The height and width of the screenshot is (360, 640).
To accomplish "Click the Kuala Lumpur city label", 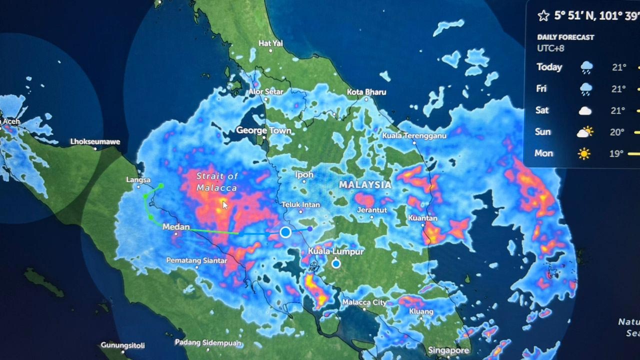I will pyautogui.click(x=335, y=251).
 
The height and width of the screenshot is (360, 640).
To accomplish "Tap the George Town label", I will pyautogui.click(x=263, y=130).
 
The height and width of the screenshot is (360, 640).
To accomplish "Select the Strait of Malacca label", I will pyautogui.click(x=217, y=181).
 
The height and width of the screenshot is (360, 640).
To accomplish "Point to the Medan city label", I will pyautogui.click(x=176, y=227).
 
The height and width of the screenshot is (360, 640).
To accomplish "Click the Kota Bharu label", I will pyautogui.click(x=366, y=92).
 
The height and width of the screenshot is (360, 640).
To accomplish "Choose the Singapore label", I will pyautogui.click(x=448, y=350).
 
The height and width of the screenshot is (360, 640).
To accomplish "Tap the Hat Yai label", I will pyautogui.click(x=270, y=43).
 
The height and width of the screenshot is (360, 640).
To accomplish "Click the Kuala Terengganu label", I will pyautogui.click(x=414, y=135).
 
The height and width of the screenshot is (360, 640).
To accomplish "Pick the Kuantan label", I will pyautogui.click(x=422, y=218).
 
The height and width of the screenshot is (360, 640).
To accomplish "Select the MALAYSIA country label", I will pyautogui.click(x=365, y=184).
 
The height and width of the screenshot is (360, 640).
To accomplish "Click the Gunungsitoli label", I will pyautogui.click(x=122, y=345).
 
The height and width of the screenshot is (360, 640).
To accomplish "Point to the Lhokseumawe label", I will pyautogui.click(x=95, y=141).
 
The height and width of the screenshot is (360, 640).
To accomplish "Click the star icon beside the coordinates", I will pyautogui.click(x=543, y=16).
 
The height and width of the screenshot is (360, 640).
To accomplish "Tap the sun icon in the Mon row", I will pyautogui.click(x=584, y=153).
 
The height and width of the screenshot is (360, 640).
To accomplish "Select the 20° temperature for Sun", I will pyautogui.click(x=617, y=132).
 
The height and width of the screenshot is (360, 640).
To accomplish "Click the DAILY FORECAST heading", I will pyautogui.click(x=565, y=37).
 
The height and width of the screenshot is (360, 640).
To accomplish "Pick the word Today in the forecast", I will pyautogui.click(x=549, y=67).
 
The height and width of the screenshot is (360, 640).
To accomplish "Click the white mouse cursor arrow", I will pyautogui.click(x=225, y=204).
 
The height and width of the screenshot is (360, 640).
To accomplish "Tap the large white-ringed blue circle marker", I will pyautogui.click(x=285, y=232).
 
